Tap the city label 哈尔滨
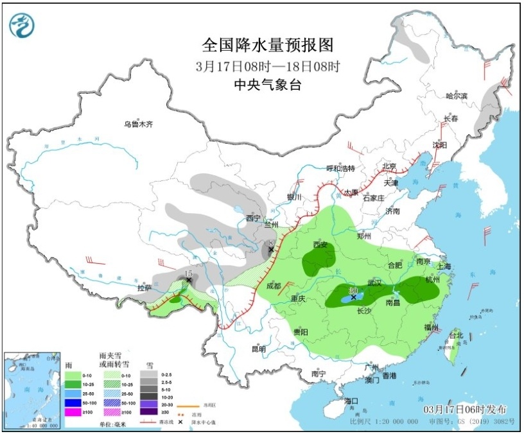click(x=457, y=96)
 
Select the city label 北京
click(x=390, y=166)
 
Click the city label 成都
click(x=273, y=286)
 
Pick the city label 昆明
click(x=258, y=349)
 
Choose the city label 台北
click(x=455, y=335)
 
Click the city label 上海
click(x=443, y=266)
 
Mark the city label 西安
click(x=320, y=245)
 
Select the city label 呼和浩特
click(x=340, y=168)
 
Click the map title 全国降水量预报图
click(x=268, y=45)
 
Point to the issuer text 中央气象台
click(x=268, y=84)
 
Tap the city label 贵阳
click(x=301, y=332)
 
